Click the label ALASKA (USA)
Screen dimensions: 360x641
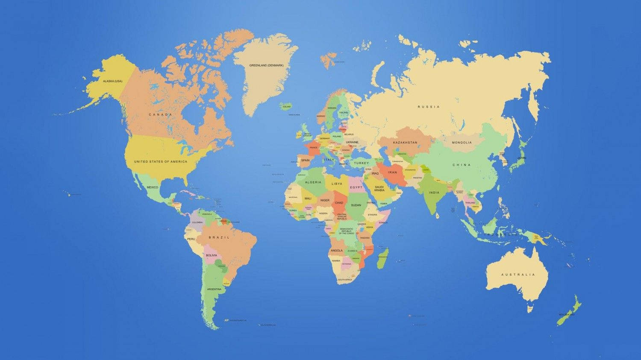pyautogui.click(x=112, y=81)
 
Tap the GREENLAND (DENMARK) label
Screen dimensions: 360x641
pyautogui.click(x=266, y=65)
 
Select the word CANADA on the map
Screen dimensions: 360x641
pyautogui.click(x=160, y=114)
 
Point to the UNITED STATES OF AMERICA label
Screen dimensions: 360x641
pyautogui.click(x=160, y=161)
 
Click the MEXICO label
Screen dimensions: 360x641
pyautogui.click(x=152, y=187)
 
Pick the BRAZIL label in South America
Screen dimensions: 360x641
pyautogui.click(x=219, y=237)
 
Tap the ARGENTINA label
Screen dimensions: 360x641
pyautogui.click(x=214, y=289)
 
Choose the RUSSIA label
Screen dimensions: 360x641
pyautogui.click(x=429, y=107)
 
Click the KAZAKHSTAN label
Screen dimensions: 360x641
pyautogui.click(x=405, y=142)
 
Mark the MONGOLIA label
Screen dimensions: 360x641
pyautogui.click(x=462, y=142)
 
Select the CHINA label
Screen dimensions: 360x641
pyautogui.click(x=462, y=164)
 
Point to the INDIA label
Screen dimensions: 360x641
pyautogui.click(x=434, y=193)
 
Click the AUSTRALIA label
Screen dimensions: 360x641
pyautogui.click(x=518, y=275)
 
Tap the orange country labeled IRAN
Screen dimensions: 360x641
pyautogui.click(x=392, y=172)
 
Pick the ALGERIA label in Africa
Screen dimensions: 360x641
pyautogui.click(x=313, y=182)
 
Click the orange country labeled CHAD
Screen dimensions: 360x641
pyautogui.click(x=339, y=203)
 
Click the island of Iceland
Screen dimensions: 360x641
pyautogui.click(x=286, y=106)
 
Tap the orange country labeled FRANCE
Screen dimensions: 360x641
pyautogui.click(x=313, y=147)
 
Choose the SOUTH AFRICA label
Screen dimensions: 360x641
pyautogui.click(x=345, y=280)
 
